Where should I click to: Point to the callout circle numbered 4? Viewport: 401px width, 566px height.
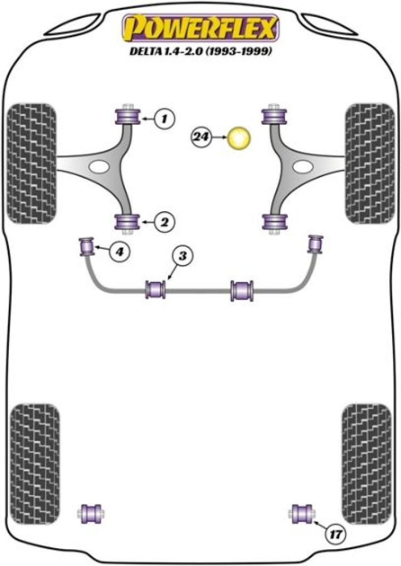119,252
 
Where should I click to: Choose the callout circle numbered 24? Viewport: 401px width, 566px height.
203,136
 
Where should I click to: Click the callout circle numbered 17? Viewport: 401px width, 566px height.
335,535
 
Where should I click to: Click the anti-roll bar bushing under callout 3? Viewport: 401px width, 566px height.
155,289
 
